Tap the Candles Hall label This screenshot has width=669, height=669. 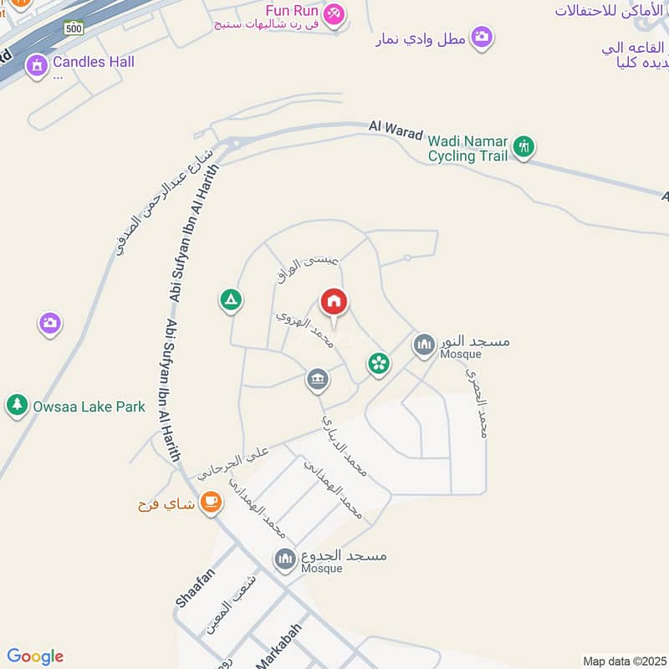coord(93,62)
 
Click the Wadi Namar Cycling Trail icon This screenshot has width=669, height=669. coord(523,147)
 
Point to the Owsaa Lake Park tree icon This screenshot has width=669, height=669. coord(17,406)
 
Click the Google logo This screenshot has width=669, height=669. coord(35,656)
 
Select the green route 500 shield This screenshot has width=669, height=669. coord(74,28)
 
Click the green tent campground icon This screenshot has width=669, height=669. coord(231,299)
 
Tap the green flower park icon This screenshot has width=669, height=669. coord(378,363)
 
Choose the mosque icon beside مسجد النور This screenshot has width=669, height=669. coord(424,344)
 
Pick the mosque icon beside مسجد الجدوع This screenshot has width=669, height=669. coord(285,558)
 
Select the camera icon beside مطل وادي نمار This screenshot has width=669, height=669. coord(481,37)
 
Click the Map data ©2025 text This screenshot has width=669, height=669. coord(623,661)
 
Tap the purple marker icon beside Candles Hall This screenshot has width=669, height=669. coord(36,64)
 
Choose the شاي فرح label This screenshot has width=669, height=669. coord(166,504)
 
